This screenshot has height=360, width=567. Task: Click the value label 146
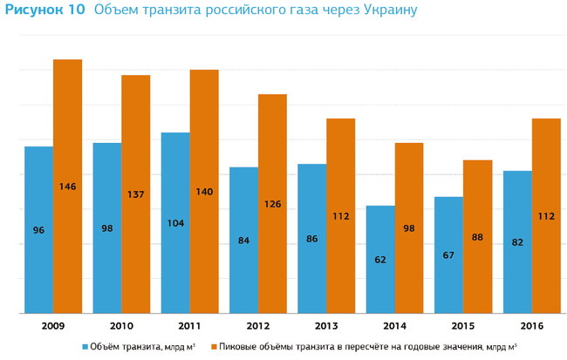pyautogui.click(x=67, y=187)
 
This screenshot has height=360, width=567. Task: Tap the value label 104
pyautogui.click(x=175, y=223)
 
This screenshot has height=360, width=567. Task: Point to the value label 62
pyautogui.click(x=380, y=259)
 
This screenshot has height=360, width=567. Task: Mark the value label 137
pyautogui.click(x=135, y=194)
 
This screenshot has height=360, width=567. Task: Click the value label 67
pyautogui.click(x=449, y=255)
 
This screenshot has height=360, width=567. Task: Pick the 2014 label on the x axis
pyautogui.click(x=394, y=325)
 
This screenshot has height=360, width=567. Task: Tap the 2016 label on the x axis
pyautogui.click(x=531, y=325)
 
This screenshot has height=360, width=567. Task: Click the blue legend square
pyautogui.click(x=85, y=345)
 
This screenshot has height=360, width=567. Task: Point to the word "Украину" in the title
pyautogui.click(x=385, y=11)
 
